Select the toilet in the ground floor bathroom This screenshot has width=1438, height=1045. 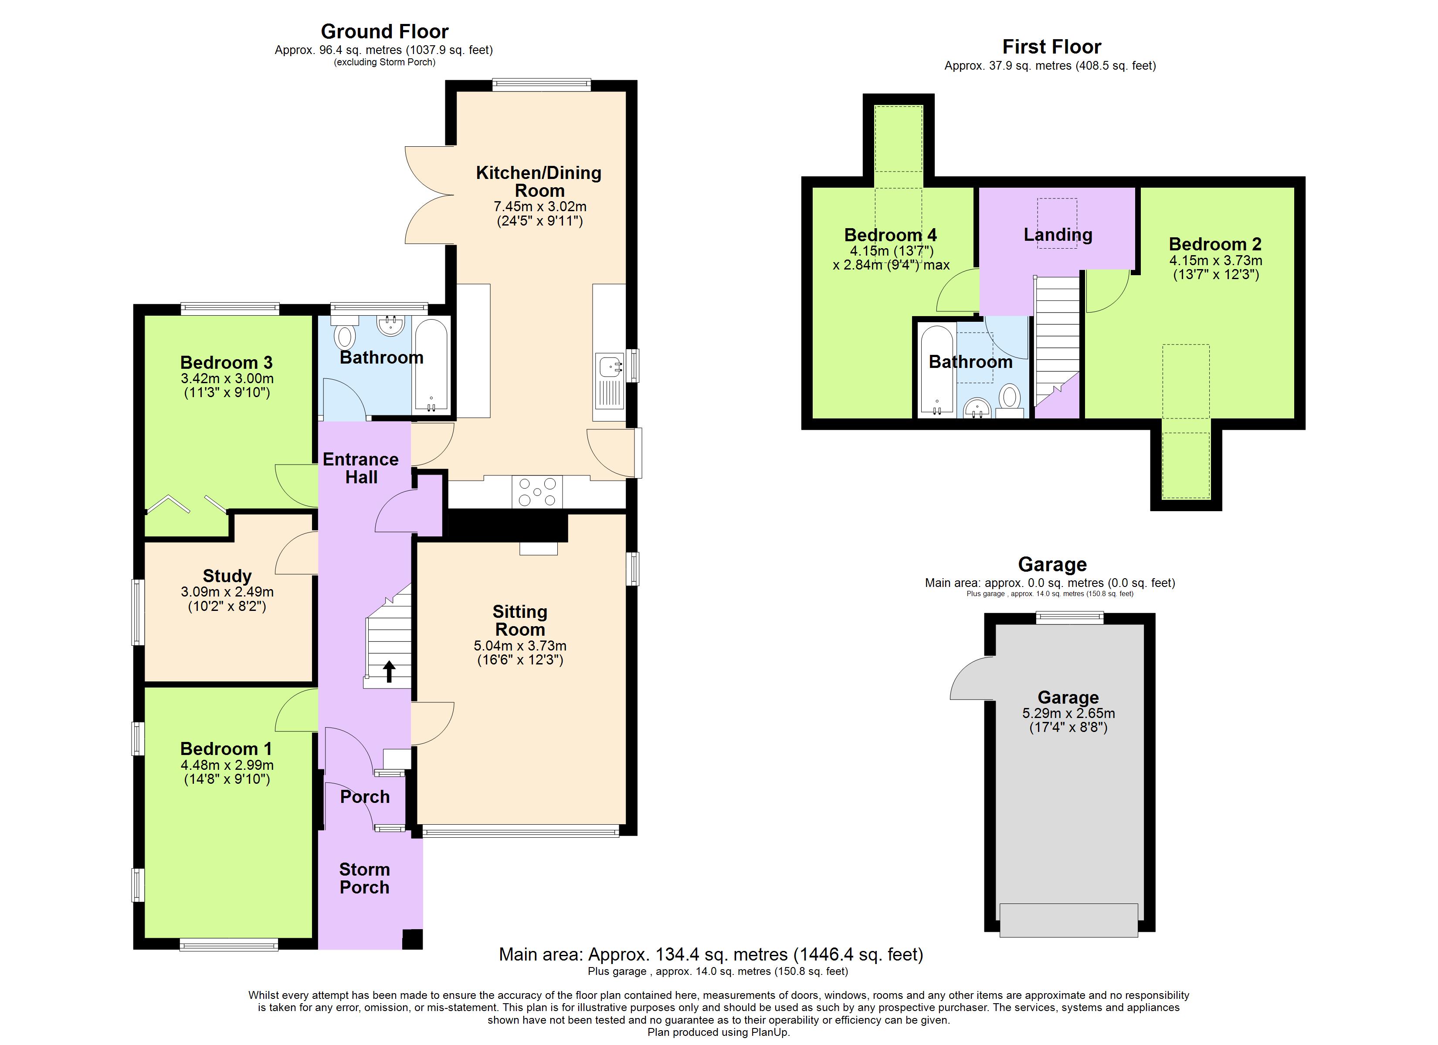(x=346, y=336)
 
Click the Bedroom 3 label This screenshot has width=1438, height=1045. (x=226, y=363)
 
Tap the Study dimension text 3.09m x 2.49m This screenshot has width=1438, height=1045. (x=227, y=592)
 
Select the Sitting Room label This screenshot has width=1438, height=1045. (x=520, y=620)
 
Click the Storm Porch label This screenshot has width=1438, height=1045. (x=365, y=878)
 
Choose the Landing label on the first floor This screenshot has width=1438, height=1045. (x=1058, y=235)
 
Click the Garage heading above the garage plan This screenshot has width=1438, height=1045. (x=1052, y=564)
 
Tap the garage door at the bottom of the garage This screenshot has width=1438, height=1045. (x=1068, y=920)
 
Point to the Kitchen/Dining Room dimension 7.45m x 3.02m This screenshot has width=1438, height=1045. (x=539, y=206)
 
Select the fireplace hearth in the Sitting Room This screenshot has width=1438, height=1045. (x=538, y=549)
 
